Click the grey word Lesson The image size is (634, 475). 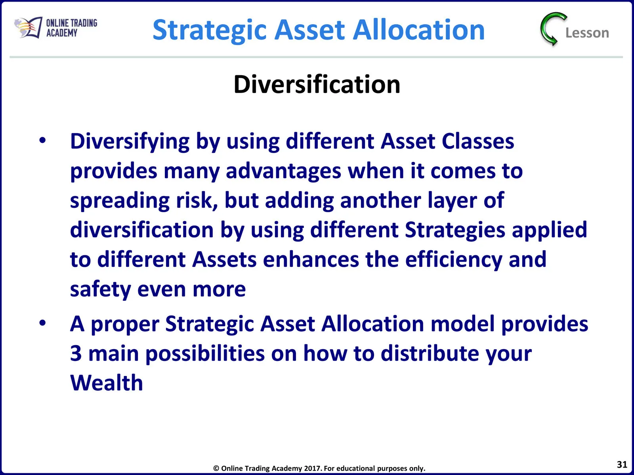point(587,33)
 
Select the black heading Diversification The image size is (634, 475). point(317,84)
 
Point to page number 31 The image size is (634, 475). point(622,464)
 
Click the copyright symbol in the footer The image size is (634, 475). point(216,468)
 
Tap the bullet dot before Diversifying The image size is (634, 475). point(42,141)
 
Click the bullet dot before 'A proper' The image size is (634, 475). point(42,323)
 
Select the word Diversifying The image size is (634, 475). point(130,142)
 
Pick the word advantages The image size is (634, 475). point(283,172)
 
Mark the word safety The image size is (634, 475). point(101,290)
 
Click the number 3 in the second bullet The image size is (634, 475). point(76,353)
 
